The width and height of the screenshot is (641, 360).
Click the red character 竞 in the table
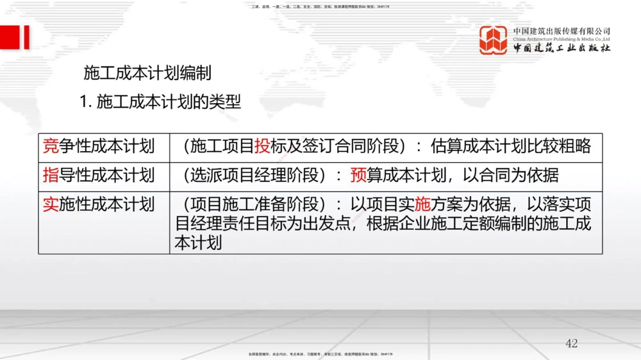click(51, 146)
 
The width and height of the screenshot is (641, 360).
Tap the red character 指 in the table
click(51, 175)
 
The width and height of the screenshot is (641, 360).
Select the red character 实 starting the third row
click(51, 204)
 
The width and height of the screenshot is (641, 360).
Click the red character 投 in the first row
click(262, 146)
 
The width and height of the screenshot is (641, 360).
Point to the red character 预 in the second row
click(358, 175)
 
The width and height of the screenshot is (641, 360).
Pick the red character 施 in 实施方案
click(422, 204)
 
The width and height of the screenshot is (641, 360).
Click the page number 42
click(572, 343)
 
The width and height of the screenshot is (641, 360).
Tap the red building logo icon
click(493, 40)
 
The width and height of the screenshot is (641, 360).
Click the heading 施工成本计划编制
click(147, 73)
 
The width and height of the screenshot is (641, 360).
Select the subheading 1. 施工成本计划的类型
click(160, 101)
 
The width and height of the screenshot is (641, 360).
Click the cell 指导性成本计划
click(99, 175)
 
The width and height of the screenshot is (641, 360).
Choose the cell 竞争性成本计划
click(99, 146)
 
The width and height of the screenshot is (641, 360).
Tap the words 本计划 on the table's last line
click(199, 243)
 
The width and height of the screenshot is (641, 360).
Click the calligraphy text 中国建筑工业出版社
click(562, 49)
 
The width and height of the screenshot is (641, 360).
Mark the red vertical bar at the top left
click(26, 37)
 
